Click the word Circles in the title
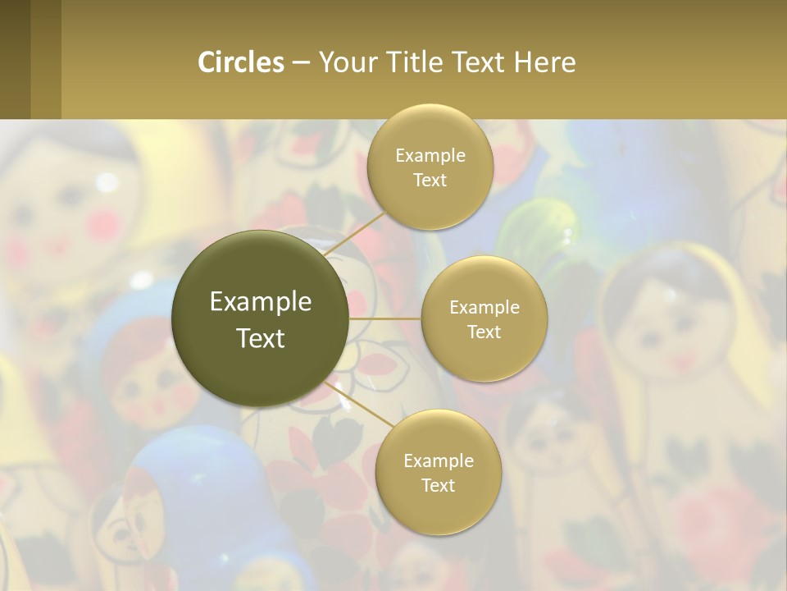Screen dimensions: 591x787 tap(240, 62)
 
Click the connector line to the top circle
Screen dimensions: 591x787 tap(354, 234)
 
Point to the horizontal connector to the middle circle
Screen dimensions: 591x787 tap(384, 318)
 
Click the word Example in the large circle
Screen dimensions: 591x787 tap(260, 302)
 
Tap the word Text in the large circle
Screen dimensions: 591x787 tap(260, 338)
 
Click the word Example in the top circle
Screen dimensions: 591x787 tap(430, 155)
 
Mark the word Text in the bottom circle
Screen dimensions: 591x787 tap(438, 485)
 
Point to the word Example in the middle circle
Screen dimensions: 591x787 tap(484, 307)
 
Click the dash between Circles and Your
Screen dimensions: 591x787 tap(301, 63)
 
